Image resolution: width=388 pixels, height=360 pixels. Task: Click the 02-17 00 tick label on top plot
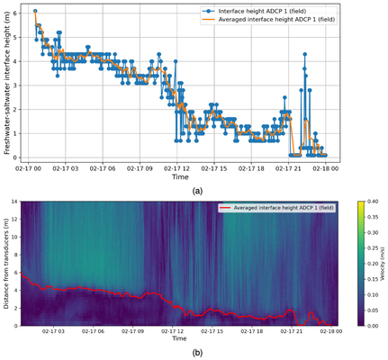tap(32, 167)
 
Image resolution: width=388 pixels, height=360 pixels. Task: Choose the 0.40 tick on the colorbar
tap(369, 202)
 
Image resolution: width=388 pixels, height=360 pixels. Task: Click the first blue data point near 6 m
tap(35, 11)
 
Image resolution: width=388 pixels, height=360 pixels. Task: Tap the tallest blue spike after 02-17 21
tap(304, 55)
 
